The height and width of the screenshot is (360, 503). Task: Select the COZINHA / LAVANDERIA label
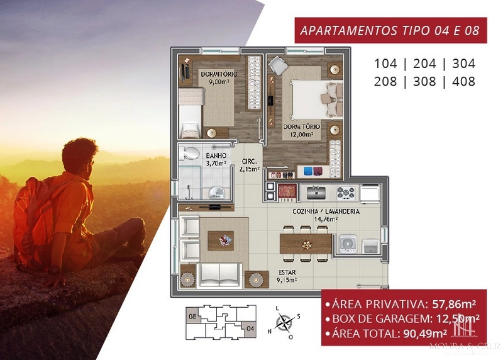(x=326, y=215)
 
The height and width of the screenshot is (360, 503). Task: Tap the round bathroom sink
(x=216, y=191)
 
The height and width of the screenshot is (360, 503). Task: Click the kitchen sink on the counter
(x=314, y=191)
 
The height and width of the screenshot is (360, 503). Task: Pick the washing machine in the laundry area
(x=348, y=243)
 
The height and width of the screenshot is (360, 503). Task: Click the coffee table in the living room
(x=221, y=239)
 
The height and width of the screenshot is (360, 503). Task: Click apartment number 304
(x=463, y=64)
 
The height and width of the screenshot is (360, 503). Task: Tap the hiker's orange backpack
(x=35, y=214)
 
